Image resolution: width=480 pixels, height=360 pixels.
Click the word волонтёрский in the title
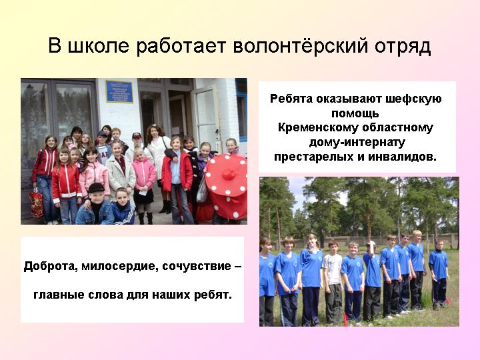click(300, 46)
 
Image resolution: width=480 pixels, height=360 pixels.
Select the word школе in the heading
click(98, 46)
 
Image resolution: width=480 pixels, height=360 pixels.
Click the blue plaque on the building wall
click(119, 91)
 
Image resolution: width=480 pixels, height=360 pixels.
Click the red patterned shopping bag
click(36, 203)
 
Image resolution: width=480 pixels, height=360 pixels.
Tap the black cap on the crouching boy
click(96, 187)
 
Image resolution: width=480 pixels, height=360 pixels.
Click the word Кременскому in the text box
click(319, 127)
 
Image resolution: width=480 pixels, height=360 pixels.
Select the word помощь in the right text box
click(355, 113)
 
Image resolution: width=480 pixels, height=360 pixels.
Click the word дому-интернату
click(357, 143)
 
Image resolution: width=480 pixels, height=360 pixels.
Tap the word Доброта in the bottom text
click(51, 266)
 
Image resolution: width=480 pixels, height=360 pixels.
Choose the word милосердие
click(120, 266)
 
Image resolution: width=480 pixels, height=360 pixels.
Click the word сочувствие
click(197, 266)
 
